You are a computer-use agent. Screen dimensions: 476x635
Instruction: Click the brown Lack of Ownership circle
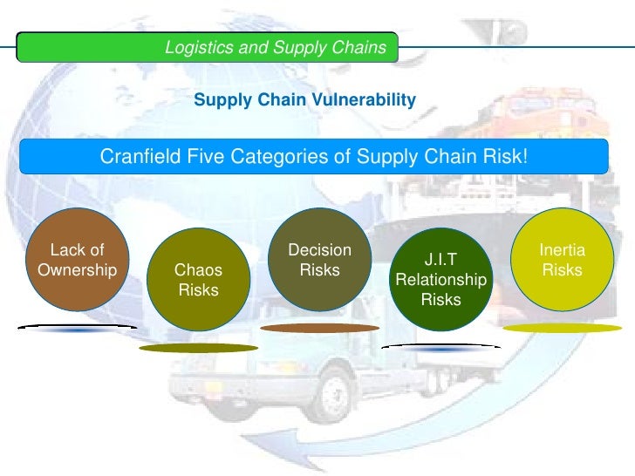(77, 260)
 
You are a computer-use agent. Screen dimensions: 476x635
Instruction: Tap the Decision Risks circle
(319, 261)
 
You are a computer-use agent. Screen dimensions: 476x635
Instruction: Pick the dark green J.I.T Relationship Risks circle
(440, 280)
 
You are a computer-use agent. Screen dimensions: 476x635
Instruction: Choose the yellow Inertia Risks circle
(562, 261)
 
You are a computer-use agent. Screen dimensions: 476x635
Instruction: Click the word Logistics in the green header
(199, 48)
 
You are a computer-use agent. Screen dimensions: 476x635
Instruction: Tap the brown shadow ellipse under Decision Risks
(319, 328)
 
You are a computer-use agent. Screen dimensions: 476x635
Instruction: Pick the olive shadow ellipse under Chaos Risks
(198, 347)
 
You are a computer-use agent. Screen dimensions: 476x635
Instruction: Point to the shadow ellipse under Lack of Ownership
(77, 328)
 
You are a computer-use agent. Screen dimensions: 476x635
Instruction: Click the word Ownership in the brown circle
(77, 269)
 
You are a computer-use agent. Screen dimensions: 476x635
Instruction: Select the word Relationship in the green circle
(440, 281)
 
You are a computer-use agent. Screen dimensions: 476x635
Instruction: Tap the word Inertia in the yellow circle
(563, 251)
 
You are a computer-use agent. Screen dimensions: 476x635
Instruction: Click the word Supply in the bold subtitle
(221, 101)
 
